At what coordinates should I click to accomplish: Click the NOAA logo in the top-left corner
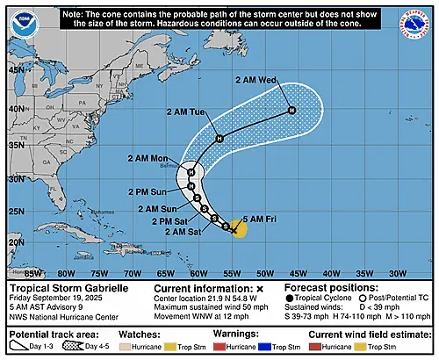[23, 22]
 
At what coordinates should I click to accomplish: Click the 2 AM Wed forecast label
[261, 81]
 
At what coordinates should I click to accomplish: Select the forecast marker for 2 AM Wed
[292, 110]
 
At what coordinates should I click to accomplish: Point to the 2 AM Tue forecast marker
[219, 138]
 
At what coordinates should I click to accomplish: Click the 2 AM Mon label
[148, 158]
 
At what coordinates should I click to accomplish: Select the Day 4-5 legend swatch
[85, 348]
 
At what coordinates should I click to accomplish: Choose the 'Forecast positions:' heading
[330, 287]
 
